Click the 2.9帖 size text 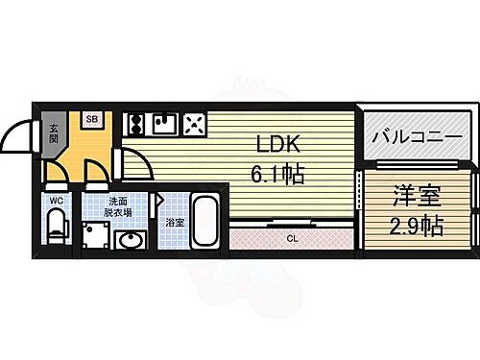tap(418, 227)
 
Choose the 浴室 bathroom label tap(174, 223)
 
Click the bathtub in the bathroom tap(205, 222)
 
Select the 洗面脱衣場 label tap(119, 205)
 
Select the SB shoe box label tap(92, 119)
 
